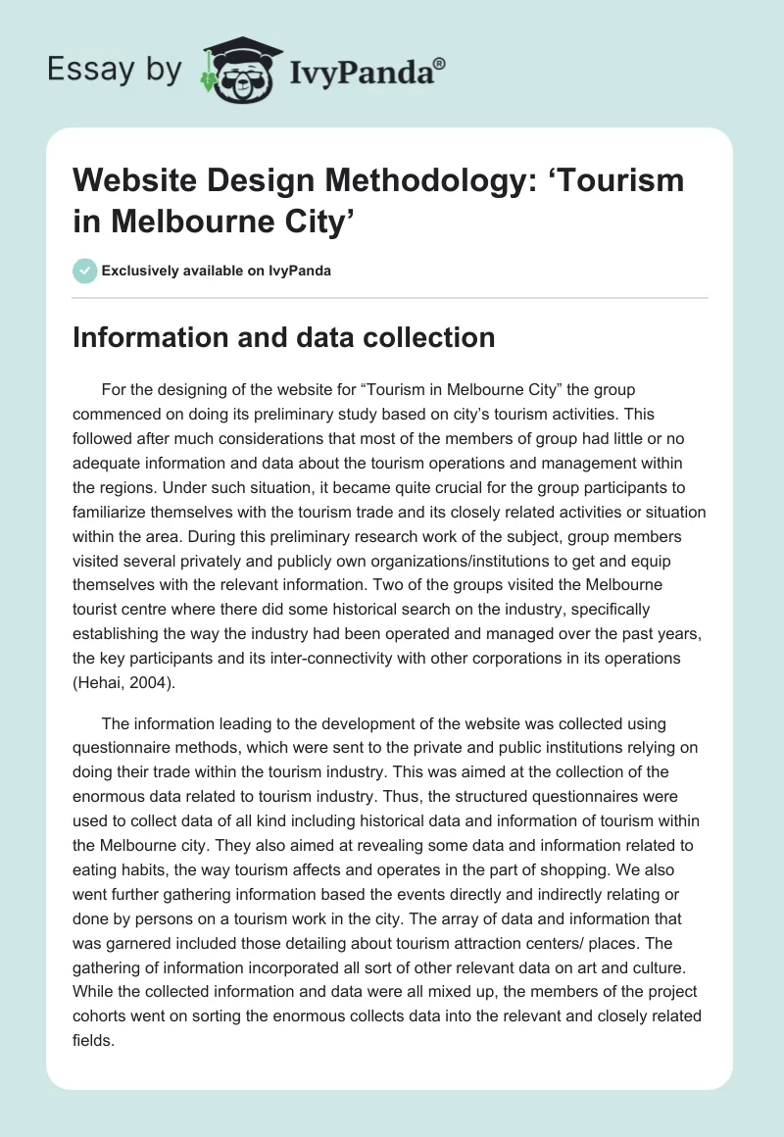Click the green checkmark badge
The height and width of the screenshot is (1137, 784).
[x=85, y=271]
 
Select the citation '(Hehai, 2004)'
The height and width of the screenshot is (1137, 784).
[x=124, y=684]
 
